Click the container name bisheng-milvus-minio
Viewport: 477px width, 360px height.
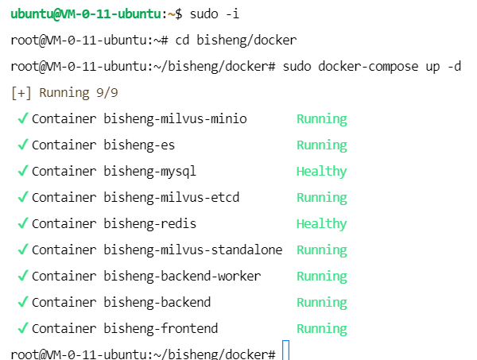tap(175, 119)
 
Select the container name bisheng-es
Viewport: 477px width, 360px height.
tap(139, 145)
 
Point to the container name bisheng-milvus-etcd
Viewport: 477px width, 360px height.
tap(172, 197)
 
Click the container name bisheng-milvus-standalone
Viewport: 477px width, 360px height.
tap(193, 250)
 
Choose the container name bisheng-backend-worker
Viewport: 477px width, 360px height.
tap(182, 276)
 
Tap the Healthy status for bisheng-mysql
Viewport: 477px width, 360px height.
tap(321, 171)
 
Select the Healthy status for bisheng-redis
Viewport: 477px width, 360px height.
tap(321, 223)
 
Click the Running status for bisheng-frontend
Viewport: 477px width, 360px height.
tap(321, 328)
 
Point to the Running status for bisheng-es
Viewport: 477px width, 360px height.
tap(321, 145)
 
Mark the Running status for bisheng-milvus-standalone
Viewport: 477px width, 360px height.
tap(321, 250)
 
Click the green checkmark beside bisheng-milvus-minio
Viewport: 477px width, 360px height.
tap(22, 119)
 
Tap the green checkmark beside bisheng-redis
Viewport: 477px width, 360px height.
tap(22, 223)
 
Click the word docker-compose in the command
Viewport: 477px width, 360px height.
tap(369, 66)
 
